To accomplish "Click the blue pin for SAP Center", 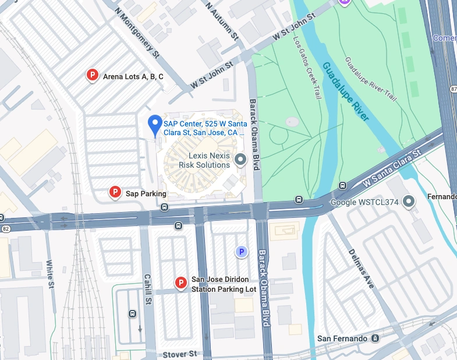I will [x=154, y=125].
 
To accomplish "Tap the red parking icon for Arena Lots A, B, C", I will [x=91, y=75].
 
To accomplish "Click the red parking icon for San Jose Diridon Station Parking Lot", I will [x=181, y=284].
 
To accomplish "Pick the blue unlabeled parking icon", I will [x=241, y=252].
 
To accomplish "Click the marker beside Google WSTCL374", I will [x=409, y=202].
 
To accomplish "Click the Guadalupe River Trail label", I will [x=371, y=79].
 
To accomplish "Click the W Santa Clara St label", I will [x=391, y=169].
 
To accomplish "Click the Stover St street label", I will [x=180, y=354].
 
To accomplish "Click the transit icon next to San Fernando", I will [x=375, y=338].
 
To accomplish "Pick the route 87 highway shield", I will [x=453, y=89].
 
